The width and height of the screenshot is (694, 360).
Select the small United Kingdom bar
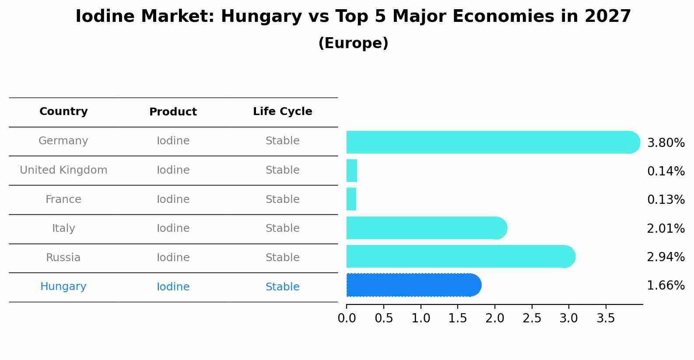(352, 171)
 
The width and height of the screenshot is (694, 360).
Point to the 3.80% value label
(666, 143)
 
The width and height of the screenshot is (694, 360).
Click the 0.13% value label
(666, 200)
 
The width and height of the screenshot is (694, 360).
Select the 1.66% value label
(666, 286)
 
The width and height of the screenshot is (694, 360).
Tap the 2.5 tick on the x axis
(532, 318)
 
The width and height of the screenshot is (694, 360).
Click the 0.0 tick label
(347, 318)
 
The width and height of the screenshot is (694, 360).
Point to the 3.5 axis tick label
(606, 318)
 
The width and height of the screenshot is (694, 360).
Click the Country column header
(63, 112)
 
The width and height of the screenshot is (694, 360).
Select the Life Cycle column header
(283, 112)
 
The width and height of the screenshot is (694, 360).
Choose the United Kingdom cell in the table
(63, 170)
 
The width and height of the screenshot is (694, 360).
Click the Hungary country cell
(63, 287)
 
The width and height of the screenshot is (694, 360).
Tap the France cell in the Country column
(63, 199)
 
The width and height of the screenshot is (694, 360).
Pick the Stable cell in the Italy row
(283, 228)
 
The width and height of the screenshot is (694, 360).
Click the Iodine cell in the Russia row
(173, 258)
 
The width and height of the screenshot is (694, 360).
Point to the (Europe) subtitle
(353, 43)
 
